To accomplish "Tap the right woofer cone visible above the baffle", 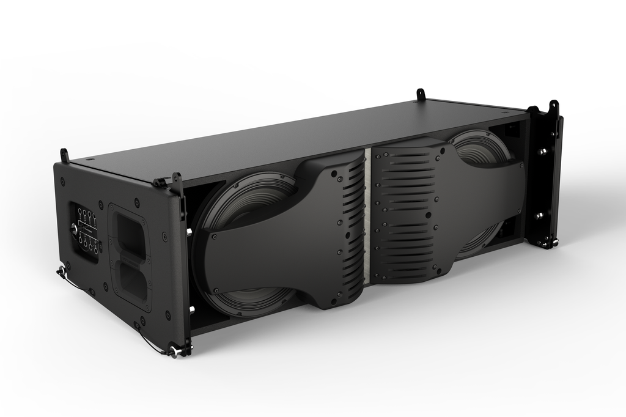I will coord(481,147).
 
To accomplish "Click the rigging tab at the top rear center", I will coord(421,95).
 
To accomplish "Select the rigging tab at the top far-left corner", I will coord(64,155).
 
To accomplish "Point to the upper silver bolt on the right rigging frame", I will coord(541,150).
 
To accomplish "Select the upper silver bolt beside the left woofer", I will coord(190,232).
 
